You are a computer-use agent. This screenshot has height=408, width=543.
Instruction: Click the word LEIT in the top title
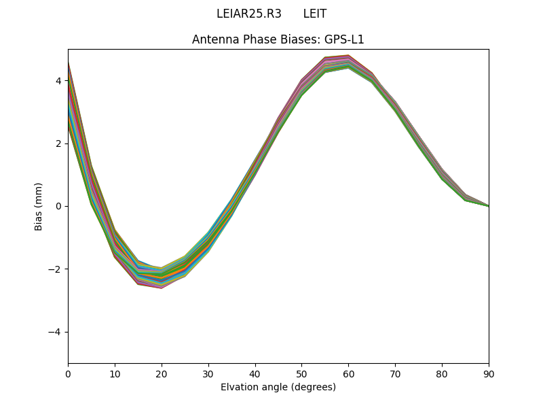point(315,14)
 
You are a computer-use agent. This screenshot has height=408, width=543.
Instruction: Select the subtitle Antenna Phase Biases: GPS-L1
point(278,39)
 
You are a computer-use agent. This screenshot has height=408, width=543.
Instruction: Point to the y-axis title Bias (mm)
point(39,206)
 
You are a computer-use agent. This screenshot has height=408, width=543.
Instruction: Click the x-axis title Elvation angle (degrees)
point(278,387)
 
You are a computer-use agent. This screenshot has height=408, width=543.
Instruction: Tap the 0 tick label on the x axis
point(68,373)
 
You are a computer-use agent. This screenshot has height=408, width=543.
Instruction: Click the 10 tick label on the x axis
point(115,373)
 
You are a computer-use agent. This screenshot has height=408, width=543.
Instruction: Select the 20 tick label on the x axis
point(162,373)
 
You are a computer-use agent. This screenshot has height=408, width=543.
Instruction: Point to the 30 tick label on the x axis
point(208,373)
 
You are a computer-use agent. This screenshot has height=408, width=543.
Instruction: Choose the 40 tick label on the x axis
point(255,373)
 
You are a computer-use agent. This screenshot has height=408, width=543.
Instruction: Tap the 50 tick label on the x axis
point(301,373)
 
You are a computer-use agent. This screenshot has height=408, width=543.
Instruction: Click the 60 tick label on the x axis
point(348,373)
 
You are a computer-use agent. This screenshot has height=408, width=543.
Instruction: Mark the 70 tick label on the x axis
point(395,373)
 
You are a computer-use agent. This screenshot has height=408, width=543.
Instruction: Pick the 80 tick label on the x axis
point(442,373)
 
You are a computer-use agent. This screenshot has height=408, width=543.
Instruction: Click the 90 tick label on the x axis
point(489,373)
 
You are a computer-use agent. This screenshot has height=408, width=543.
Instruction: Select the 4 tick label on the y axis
point(58,81)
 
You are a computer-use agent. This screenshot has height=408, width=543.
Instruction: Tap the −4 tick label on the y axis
point(56,332)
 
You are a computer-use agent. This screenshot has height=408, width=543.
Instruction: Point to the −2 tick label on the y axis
point(56,269)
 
